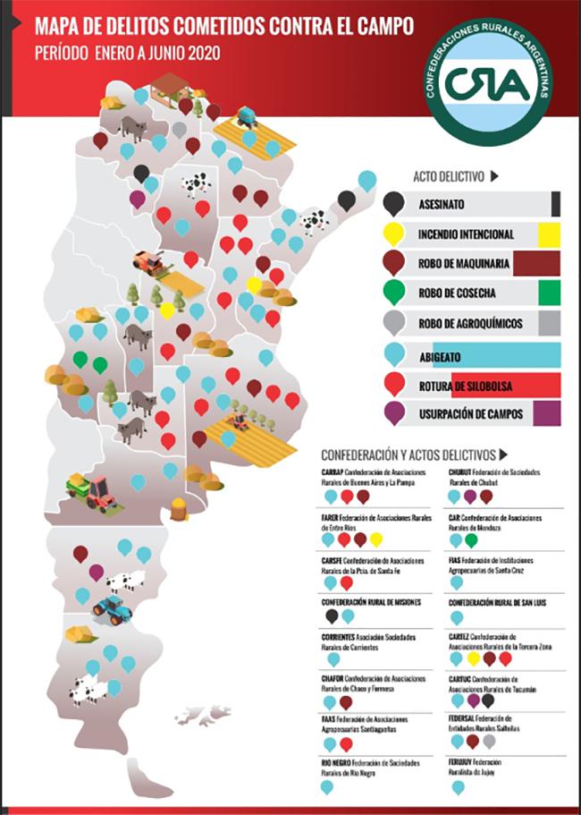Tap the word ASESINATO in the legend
click(x=441, y=204)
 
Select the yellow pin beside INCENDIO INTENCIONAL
click(x=393, y=233)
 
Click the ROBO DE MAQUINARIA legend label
click(x=465, y=264)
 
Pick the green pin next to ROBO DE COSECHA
click(x=393, y=293)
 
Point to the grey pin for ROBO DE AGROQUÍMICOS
click(x=393, y=323)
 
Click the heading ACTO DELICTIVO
click(x=449, y=176)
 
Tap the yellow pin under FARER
click(x=376, y=539)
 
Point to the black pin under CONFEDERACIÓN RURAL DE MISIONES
click(x=332, y=615)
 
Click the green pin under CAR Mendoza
click(x=471, y=539)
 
